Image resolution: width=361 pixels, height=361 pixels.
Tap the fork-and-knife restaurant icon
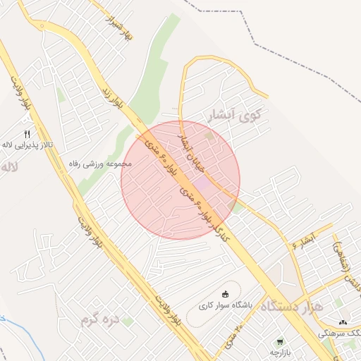pos(27,133)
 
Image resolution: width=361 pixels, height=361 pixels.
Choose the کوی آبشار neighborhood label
pos(235,114)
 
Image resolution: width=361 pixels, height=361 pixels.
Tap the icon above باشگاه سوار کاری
pos(225,294)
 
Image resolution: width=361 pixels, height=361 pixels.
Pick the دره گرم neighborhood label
pos(97,322)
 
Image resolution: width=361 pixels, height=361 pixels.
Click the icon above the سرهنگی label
pos(342,322)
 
